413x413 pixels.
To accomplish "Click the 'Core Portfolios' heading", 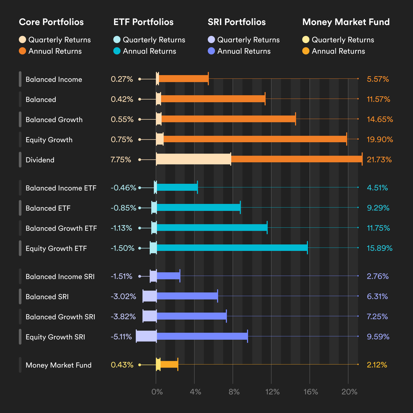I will coord(51,22).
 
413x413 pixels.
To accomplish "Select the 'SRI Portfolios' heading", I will coord(236,22).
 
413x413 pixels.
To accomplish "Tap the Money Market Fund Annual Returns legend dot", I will coord(306,51).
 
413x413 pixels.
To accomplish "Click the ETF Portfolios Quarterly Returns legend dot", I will coord(117,40).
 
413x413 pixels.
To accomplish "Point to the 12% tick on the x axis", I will coord(272,392).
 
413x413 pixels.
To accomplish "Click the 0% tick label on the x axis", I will coord(157,392).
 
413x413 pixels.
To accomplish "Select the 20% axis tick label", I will coord(349,392).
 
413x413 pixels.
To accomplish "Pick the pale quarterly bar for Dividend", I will coord(193,159).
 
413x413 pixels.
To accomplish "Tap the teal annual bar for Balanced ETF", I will coord(198,207).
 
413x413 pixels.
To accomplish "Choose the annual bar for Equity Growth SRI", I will coord(202,336).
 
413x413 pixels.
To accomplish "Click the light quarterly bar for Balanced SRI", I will coord(150,296).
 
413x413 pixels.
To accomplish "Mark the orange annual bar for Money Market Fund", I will coord(169,364).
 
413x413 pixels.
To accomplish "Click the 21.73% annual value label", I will coord(379,160).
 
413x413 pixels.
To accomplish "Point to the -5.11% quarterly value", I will coord(121,337).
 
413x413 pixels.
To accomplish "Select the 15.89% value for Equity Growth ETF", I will coord(379,248).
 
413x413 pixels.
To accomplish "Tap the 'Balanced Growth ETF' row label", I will coord(61,228).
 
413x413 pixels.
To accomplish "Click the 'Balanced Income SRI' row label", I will coord(60,277).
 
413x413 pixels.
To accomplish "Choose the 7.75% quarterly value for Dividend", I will coord(121,160).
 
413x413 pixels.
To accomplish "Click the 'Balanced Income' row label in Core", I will coord(54,80).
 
